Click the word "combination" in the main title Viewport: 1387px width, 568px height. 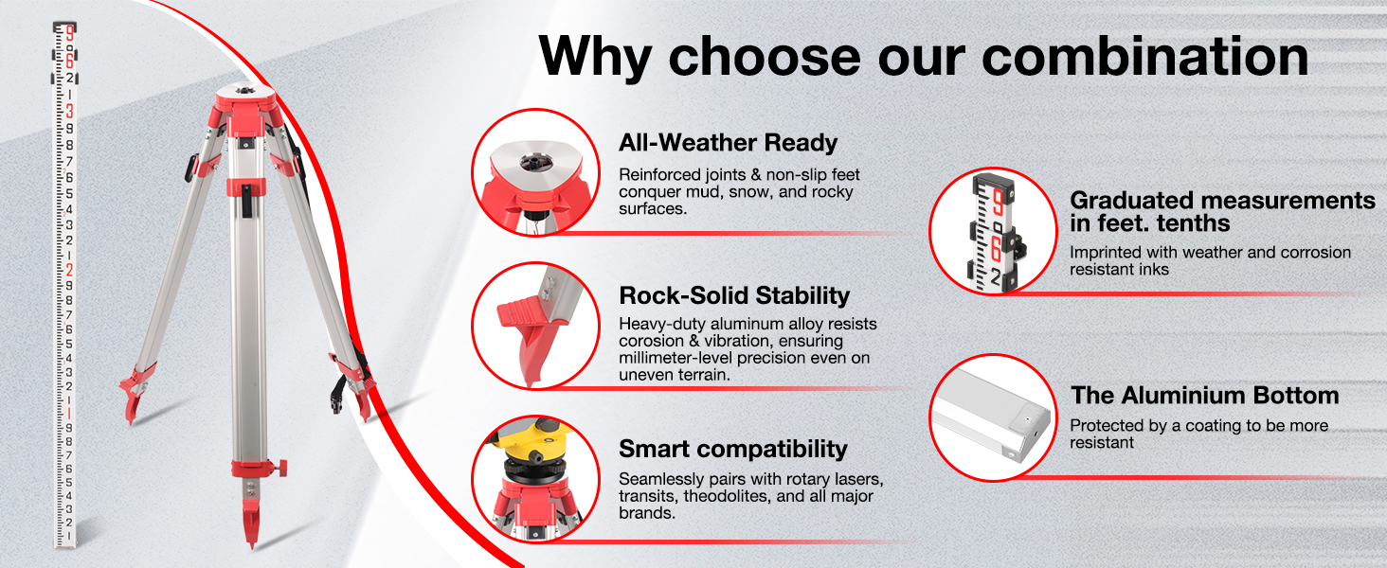pyautogui.click(x=1144, y=56)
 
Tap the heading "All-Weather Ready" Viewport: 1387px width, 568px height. pyautogui.click(x=728, y=143)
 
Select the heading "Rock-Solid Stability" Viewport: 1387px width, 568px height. pyautogui.click(x=734, y=295)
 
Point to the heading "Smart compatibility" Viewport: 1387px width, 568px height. pyautogui.click(x=733, y=450)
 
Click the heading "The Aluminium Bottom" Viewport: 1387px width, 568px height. pyautogui.click(x=1204, y=396)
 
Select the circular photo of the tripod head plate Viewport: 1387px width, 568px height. pyautogui.click(x=535, y=172)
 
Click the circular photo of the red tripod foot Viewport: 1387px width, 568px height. pyautogui.click(x=535, y=326)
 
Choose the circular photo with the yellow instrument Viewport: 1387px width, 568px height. pyautogui.click(x=535, y=479)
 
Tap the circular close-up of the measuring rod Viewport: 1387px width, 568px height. pyautogui.click(x=993, y=231)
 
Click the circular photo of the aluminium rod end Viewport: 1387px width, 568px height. pyautogui.click(x=993, y=417)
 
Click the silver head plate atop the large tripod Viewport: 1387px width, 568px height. pyautogui.click(x=245, y=92)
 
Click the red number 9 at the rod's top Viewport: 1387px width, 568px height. pyautogui.click(x=69, y=33)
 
